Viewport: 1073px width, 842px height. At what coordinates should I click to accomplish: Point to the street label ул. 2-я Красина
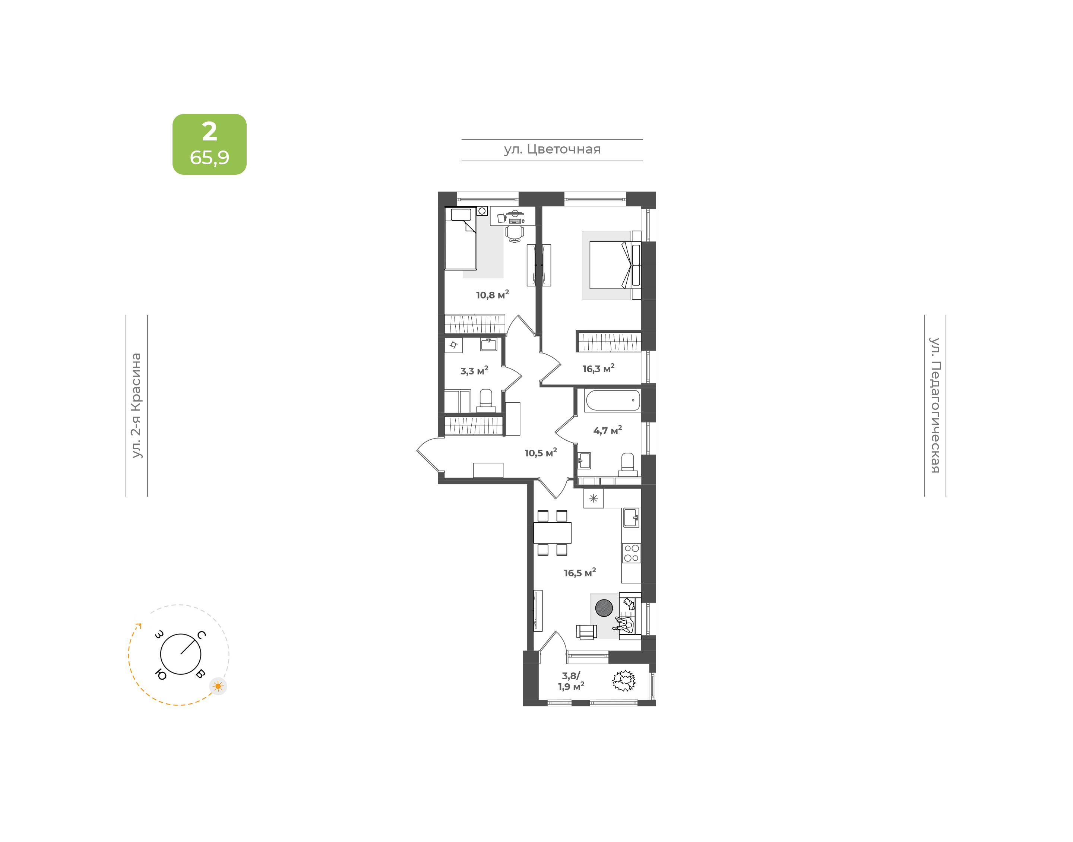coord(136,405)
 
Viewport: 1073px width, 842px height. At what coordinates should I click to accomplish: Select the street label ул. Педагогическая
coord(934,405)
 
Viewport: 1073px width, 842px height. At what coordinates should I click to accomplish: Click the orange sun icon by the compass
coord(218,686)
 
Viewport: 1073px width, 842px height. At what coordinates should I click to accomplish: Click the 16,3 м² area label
coord(598,368)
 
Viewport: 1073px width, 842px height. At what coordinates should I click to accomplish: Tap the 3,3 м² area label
coord(474,370)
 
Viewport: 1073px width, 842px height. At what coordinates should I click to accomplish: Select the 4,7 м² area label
coord(607,430)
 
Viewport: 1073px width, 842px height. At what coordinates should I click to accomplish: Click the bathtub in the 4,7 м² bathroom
coord(612,400)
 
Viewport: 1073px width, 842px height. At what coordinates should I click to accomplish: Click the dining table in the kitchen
coord(552,532)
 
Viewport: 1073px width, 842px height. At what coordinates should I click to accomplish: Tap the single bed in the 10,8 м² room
coord(460,238)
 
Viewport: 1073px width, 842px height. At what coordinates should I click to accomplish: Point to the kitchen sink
coord(631,517)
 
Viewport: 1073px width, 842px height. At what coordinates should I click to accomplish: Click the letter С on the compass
coord(201,634)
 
